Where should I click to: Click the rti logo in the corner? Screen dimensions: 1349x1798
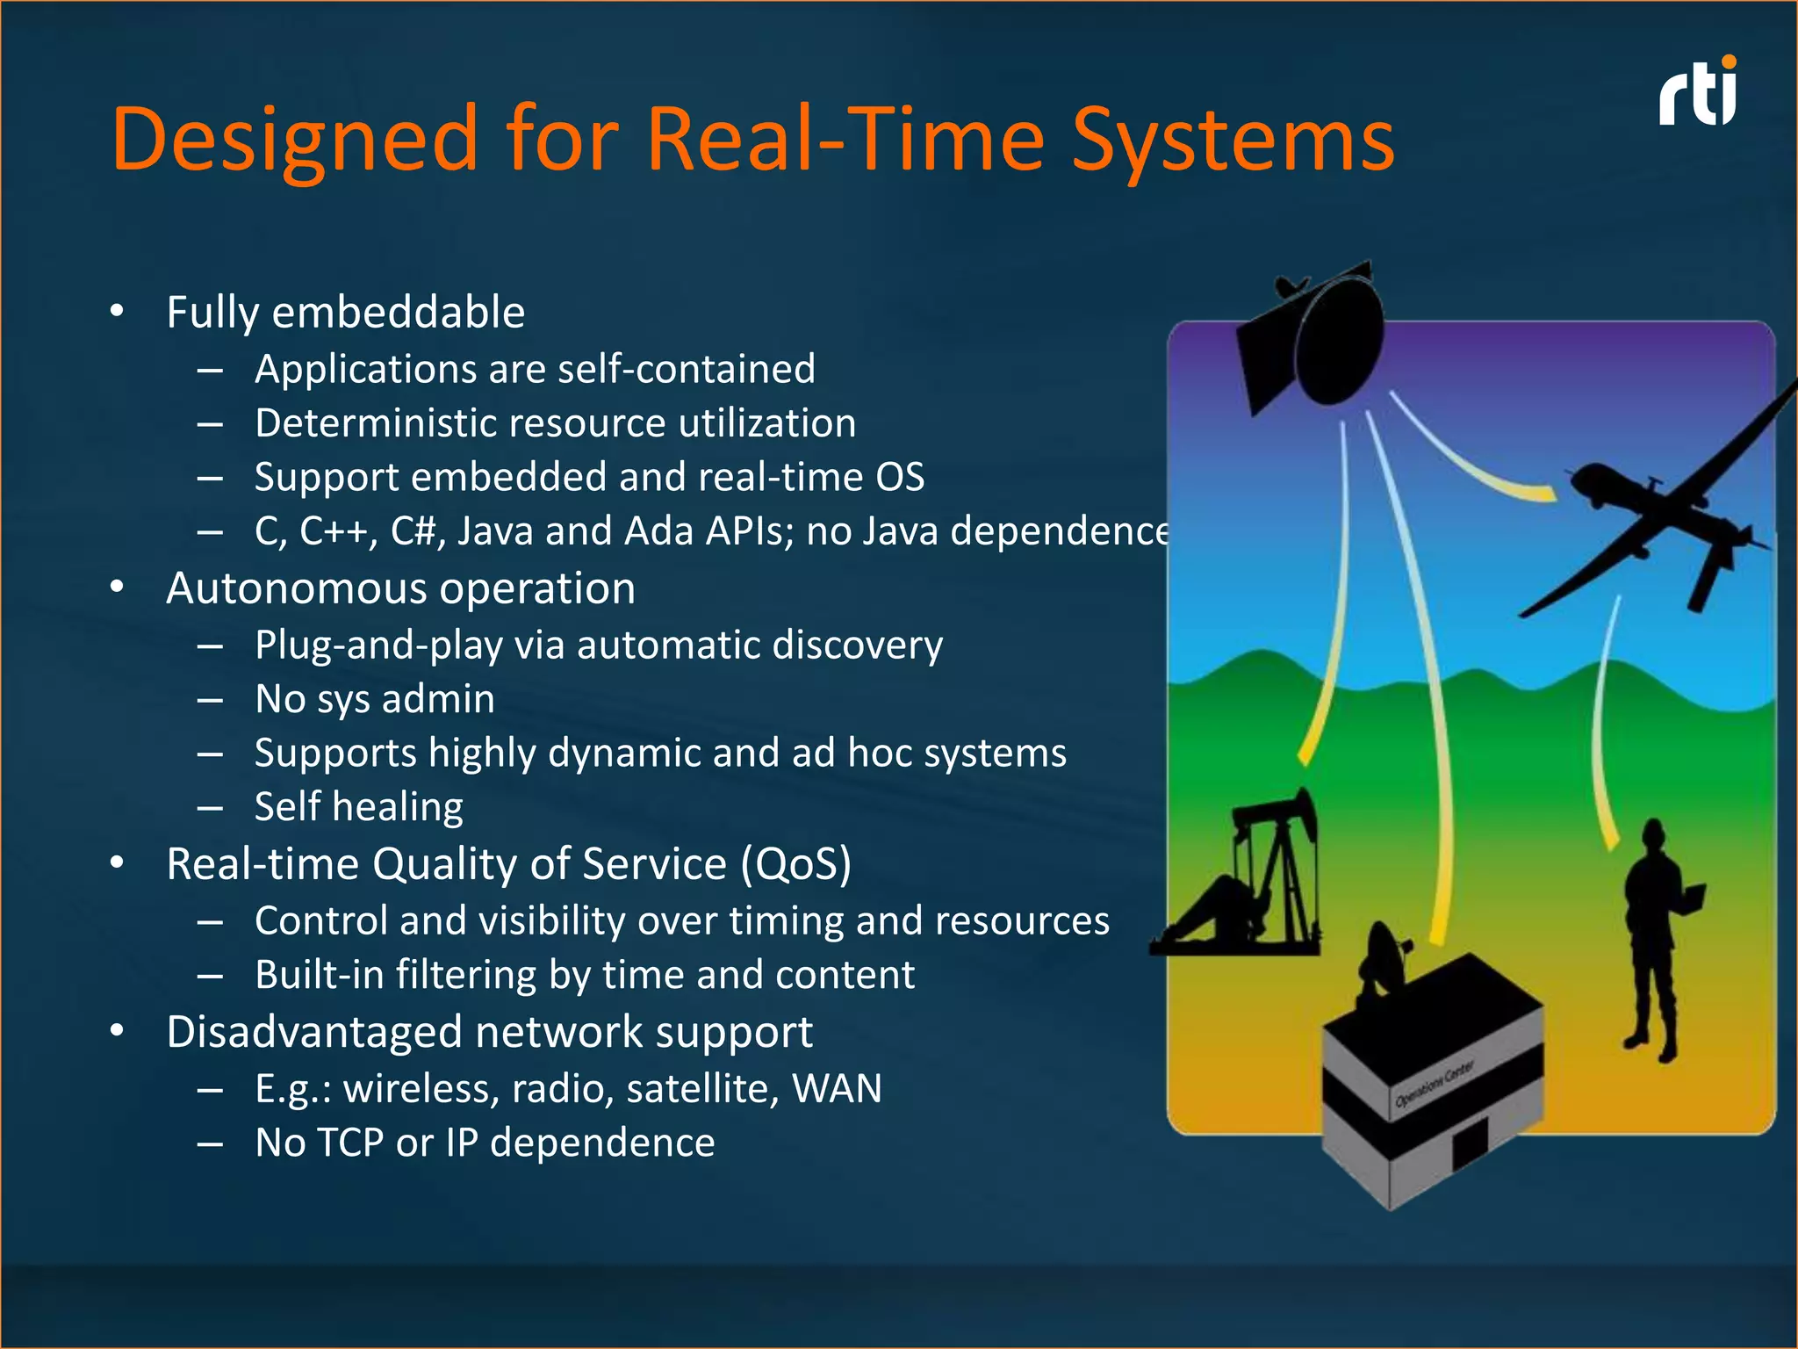1698,95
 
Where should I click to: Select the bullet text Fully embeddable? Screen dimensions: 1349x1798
345,313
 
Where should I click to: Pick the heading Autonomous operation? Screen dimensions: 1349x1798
400,588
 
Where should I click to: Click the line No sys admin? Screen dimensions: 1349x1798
375,700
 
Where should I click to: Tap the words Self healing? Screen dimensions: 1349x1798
358,807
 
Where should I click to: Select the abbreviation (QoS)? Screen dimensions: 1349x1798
795,864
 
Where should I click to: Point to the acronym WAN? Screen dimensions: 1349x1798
836,1089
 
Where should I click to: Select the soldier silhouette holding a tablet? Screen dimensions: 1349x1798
1655,940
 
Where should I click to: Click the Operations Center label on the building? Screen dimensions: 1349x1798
1435,1086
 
